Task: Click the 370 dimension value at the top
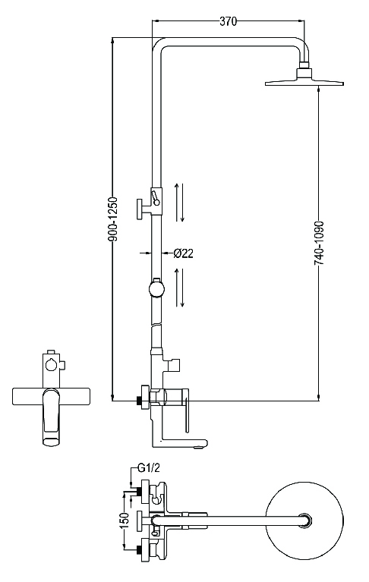tap(229, 21)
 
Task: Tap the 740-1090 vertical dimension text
tap(319, 242)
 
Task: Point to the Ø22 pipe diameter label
tap(183, 253)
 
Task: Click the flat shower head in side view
tap(304, 82)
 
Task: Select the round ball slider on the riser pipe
tap(156, 289)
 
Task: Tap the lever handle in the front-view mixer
tap(52, 417)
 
